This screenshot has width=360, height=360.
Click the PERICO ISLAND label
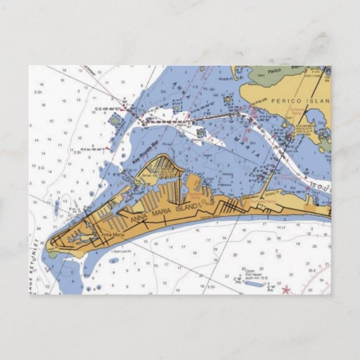(x=301, y=101)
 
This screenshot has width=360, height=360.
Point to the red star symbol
(x=286, y=289)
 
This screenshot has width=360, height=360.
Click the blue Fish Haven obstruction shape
(x=254, y=283)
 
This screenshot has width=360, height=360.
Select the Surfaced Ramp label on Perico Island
(x=297, y=111)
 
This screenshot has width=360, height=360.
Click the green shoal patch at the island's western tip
(x=53, y=255)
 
